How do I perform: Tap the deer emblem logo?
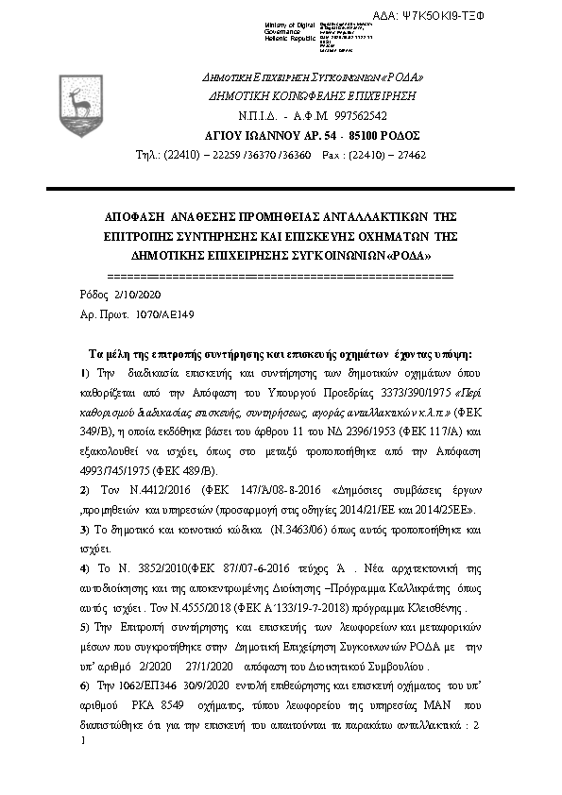click(x=77, y=96)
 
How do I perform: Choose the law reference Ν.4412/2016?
click(x=145, y=490)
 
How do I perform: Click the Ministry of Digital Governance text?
click(x=292, y=30)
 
